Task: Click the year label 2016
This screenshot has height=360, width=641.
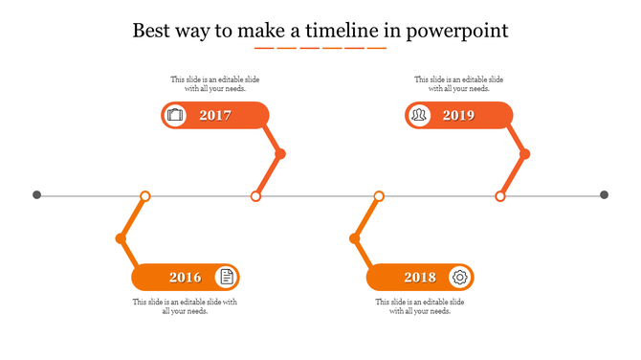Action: [186, 278]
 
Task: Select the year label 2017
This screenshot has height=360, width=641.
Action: [215, 116]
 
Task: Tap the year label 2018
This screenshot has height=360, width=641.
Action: [420, 278]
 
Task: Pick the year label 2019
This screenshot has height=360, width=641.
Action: [458, 116]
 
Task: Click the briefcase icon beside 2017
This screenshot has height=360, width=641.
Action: [175, 116]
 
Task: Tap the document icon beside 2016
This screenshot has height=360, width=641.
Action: [226, 278]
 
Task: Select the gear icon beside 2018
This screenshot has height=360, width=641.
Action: [460, 278]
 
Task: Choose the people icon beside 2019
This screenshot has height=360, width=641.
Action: [419, 116]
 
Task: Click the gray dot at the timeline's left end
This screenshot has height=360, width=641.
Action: [37, 195]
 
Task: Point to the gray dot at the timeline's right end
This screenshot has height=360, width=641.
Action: [604, 195]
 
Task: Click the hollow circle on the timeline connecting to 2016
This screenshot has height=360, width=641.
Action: [145, 196]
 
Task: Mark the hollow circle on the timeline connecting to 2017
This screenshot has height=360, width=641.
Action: [255, 196]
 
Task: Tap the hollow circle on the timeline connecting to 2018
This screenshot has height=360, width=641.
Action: [379, 196]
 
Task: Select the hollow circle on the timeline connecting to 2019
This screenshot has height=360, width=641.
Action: [499, 196]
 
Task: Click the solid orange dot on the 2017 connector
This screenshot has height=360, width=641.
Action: [280, 154]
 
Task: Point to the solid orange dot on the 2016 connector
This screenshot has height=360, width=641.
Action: [121, 238]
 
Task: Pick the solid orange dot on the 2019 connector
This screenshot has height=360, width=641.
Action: [524, 154]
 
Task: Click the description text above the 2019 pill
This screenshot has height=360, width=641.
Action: [458, 84]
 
